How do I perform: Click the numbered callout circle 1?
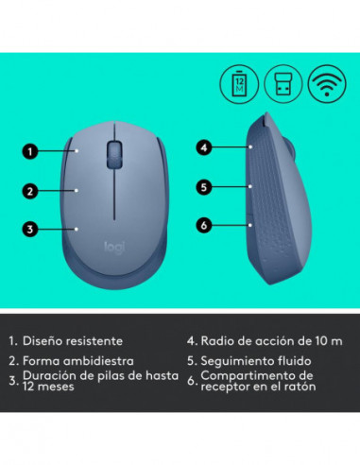coord(30,150)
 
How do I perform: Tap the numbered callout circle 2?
coord(30,191)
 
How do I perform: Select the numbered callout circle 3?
coord(30,229)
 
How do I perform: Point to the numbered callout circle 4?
coord(203,146)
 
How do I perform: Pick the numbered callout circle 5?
coord(203,186)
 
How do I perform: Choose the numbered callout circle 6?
coord(203,224)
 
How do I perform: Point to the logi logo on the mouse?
coord(112,247)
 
